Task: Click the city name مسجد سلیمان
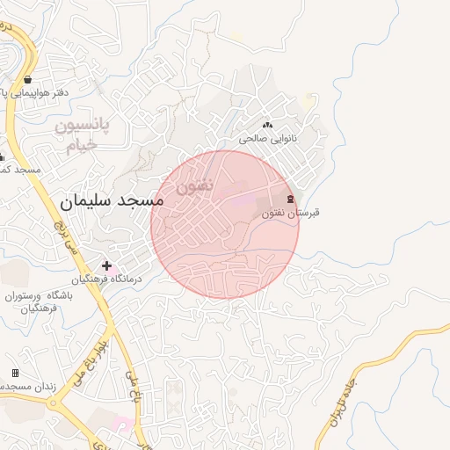point(112,202)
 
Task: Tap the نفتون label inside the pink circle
point(194,185)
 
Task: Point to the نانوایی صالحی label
point(268,139)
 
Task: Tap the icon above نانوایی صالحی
point(267,126)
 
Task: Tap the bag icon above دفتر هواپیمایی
point(29,79)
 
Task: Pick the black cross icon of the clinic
point(107,265)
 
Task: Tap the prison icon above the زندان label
point(15,374)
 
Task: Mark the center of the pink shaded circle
point(225,224)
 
